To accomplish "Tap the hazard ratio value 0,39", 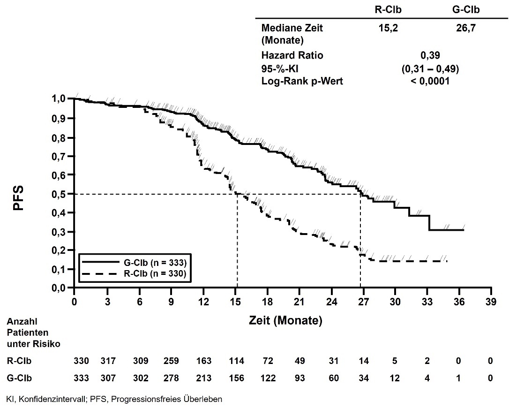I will (x=426, y=55).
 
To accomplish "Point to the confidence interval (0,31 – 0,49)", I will (x=427, y=68).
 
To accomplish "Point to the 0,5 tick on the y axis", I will (x=62, y=194).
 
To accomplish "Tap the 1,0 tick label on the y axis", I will (x=62, y=99).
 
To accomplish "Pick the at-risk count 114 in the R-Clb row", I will (x=236, y=362).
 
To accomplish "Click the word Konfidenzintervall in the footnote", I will (x=40, y=400).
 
